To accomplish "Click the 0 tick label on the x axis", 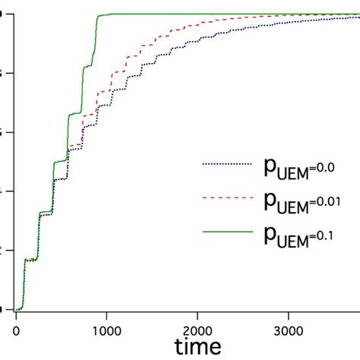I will (16, 330).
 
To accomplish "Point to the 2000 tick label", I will (197, 330).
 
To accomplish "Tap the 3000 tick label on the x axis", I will (289, 330).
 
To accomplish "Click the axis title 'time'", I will (197, 347).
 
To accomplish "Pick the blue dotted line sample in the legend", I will (226, 163).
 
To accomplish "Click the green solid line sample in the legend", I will (226, 234).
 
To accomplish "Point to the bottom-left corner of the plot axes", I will (14, 311).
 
